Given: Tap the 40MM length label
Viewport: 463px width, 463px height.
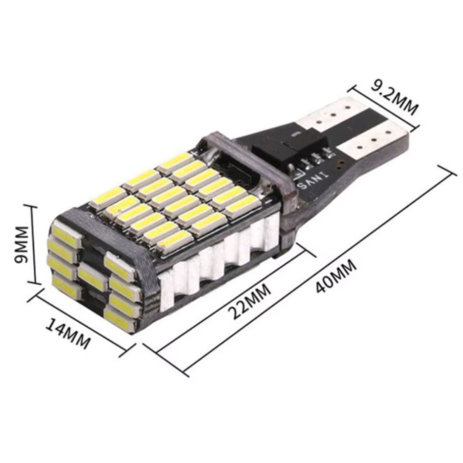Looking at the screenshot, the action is (x=336, y=276).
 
